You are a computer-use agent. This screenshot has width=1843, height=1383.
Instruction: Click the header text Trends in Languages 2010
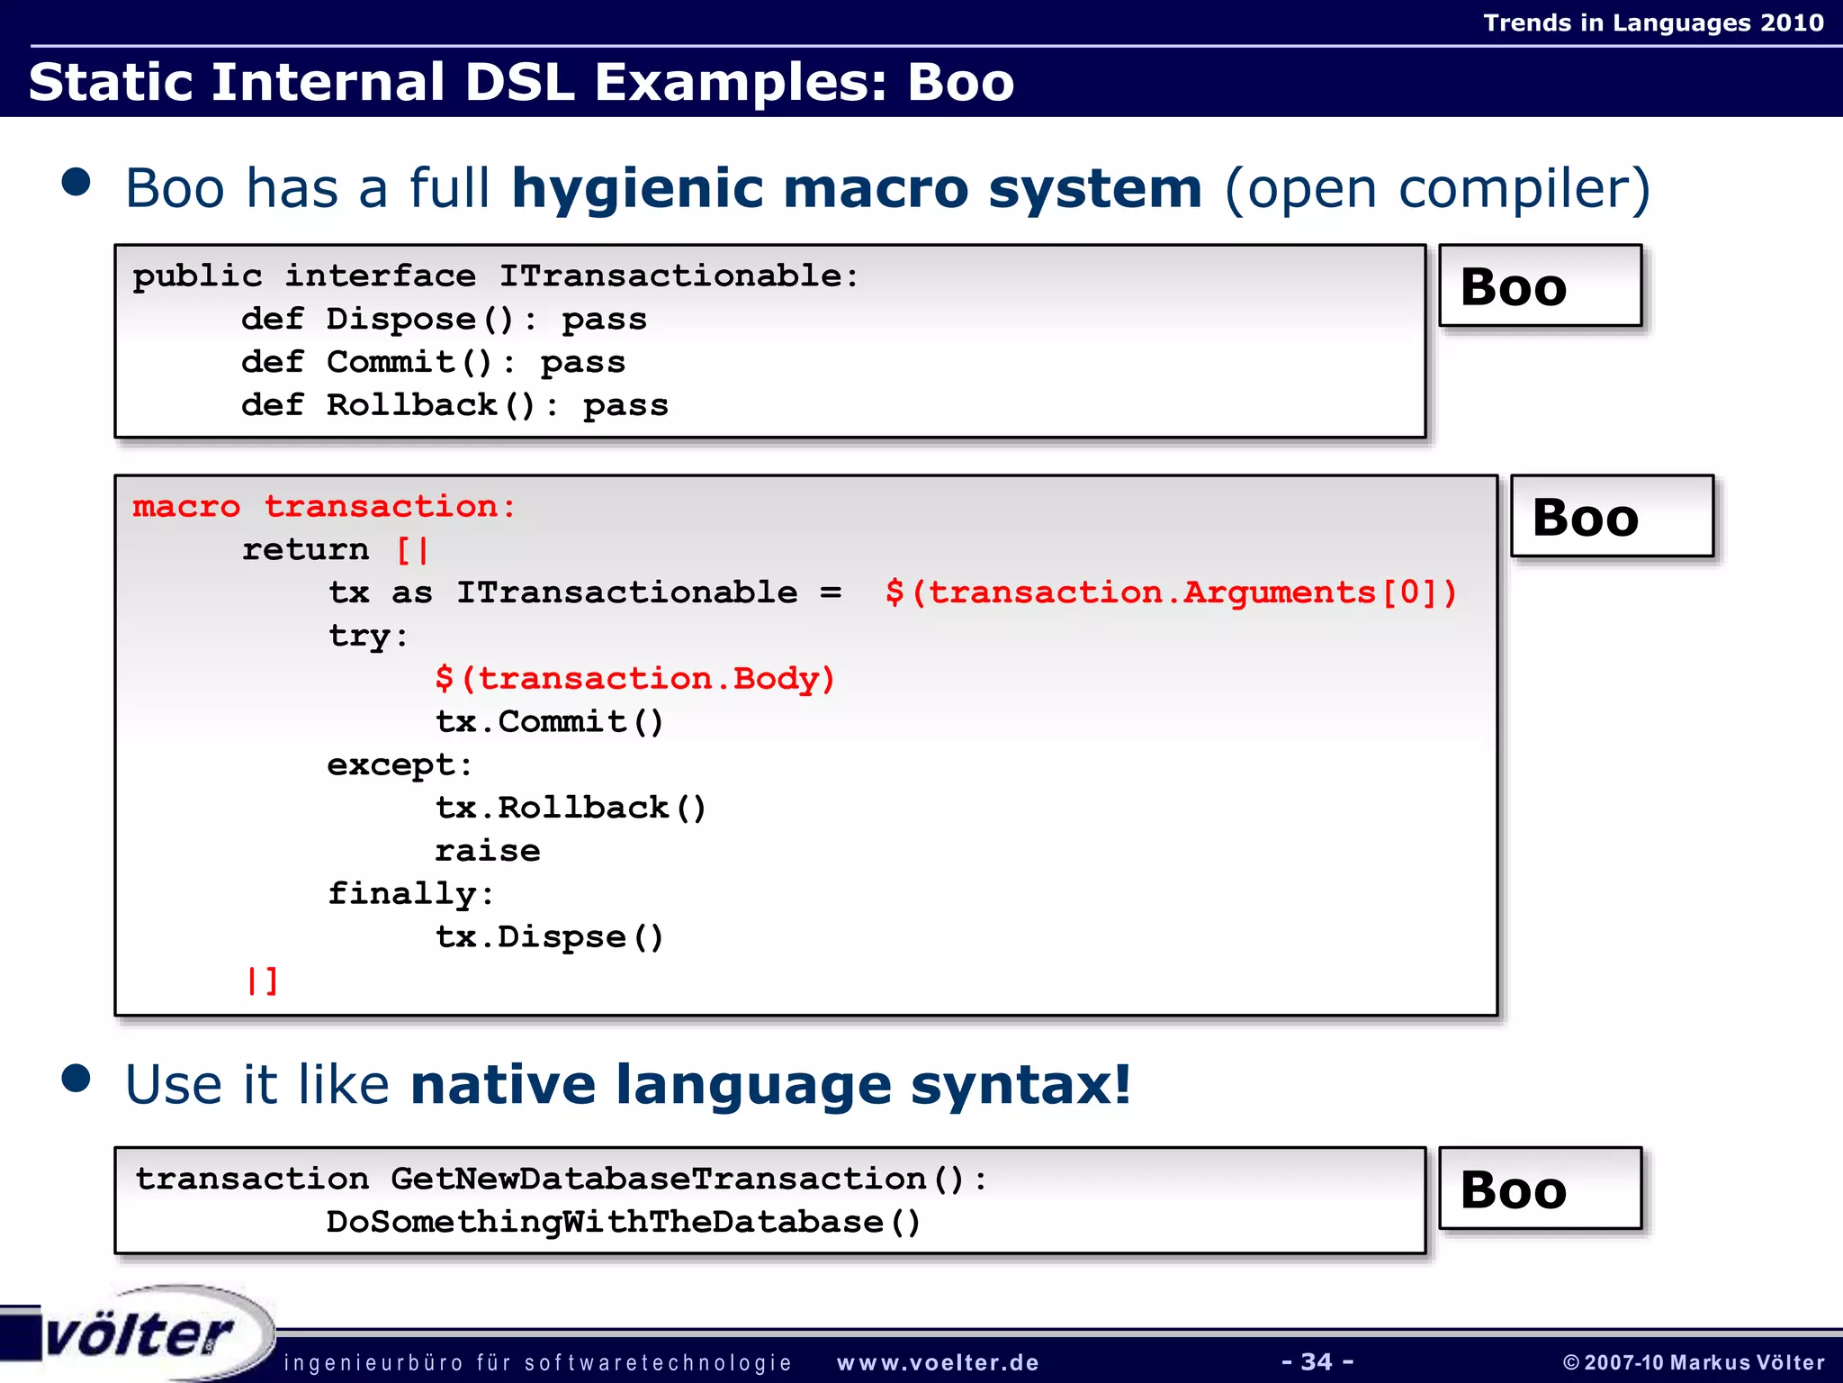click(1652, 23)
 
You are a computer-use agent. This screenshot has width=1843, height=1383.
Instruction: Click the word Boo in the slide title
click(959, 83)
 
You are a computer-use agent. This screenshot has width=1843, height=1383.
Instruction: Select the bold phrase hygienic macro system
click(856, 189)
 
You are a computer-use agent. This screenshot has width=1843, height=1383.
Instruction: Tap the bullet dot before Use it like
click(76, 1078)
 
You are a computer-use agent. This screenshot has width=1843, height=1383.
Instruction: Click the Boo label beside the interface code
click(1539, 286)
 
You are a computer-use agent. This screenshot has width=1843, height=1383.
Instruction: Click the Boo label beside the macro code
click(1611, 518)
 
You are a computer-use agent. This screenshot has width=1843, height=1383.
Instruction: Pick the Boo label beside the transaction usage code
click(1539, 1189)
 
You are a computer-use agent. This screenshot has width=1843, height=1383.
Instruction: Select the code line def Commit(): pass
click(433, 362)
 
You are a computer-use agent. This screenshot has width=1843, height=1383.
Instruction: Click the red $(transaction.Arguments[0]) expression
click(1170, 592)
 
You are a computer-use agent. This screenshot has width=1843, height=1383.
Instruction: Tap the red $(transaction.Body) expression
click(634, 678)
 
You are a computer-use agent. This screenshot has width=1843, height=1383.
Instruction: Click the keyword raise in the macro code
click(488, 851)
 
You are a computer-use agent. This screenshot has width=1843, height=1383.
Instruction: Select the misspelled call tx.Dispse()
click(549, 937)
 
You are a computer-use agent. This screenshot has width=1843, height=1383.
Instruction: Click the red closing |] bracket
click(263, 980)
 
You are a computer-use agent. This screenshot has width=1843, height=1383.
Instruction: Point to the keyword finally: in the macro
click(410, 894)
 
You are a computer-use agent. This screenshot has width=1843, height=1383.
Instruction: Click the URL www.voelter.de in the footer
click(938, 1363)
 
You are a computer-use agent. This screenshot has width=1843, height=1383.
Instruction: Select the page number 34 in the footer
click(1317, 1361)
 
